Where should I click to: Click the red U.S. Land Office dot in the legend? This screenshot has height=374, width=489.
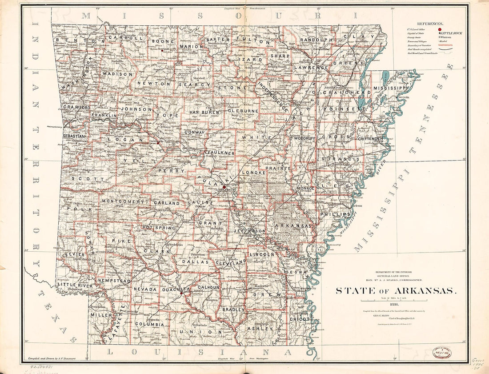click(x=440, y=29)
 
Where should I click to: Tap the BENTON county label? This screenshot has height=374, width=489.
click(x=73, y=40)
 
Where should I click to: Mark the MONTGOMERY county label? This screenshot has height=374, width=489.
click(x=123, y=201)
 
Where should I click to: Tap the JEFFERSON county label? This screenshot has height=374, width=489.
click(x=249, y=231)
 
